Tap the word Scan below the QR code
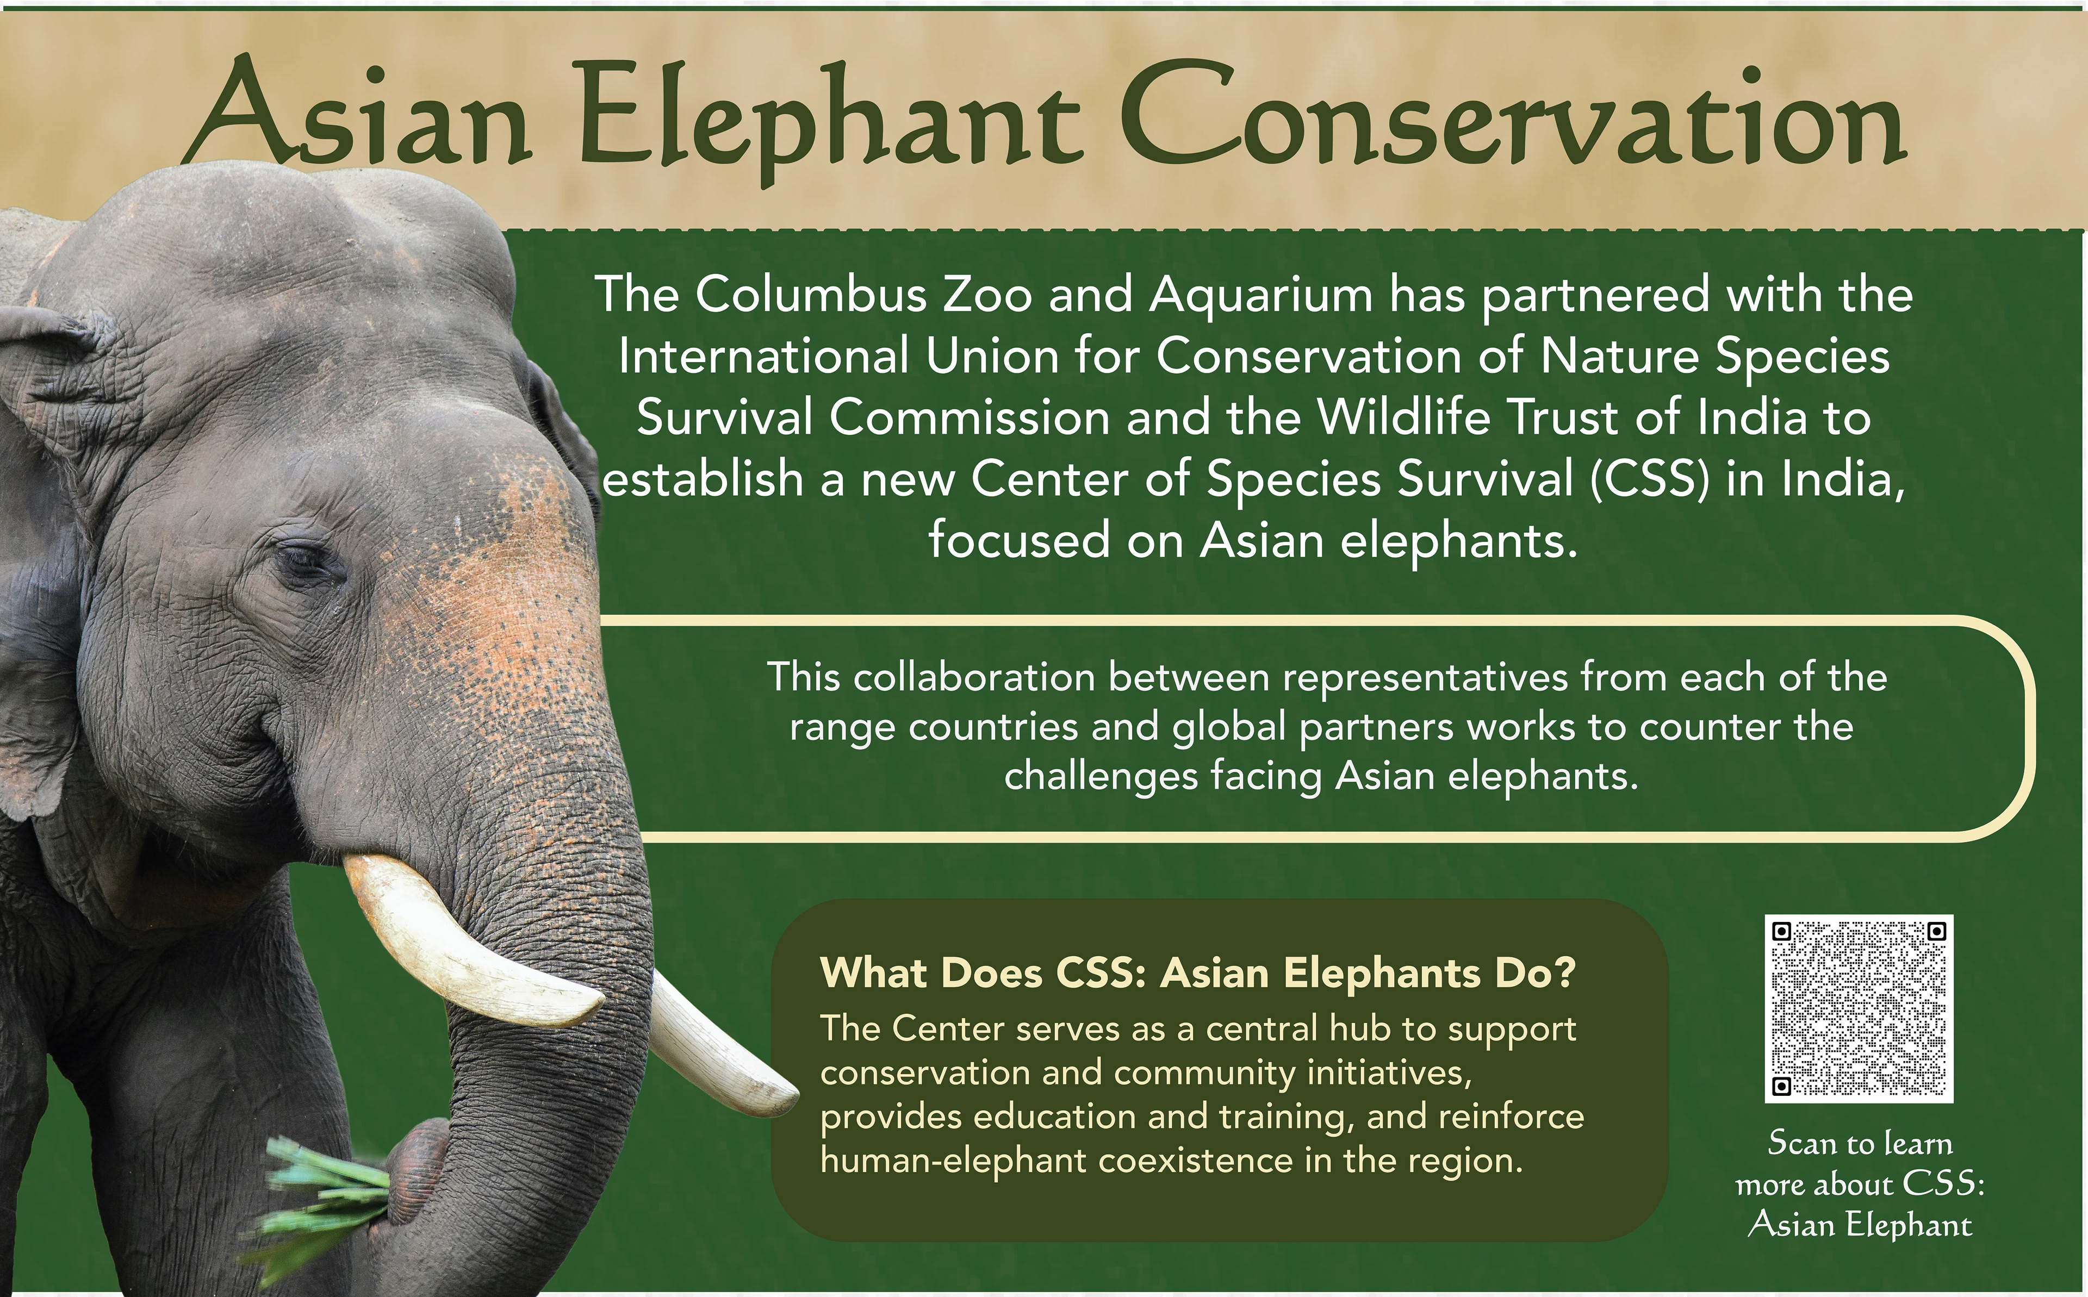(x=1801, y=1143)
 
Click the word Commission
(x=970, y=418)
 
